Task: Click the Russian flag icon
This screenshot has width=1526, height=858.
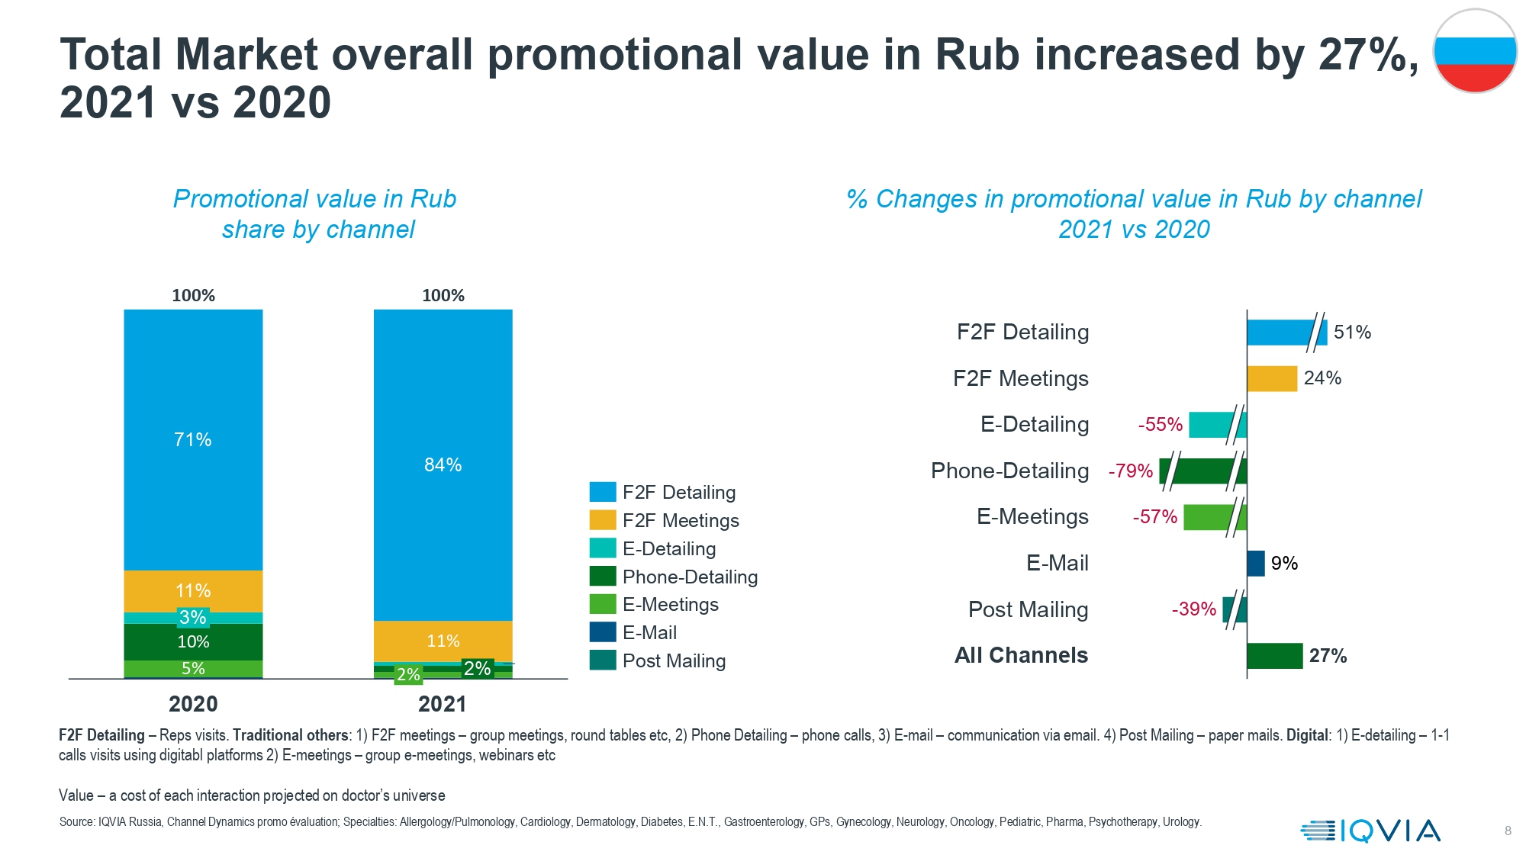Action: pyautogui.click(x=1475, y=51)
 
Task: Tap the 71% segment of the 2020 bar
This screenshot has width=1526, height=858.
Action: pyautogui.click(x=193, y=440)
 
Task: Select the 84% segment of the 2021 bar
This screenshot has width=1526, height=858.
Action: pyautogui.click(x=443, y=465)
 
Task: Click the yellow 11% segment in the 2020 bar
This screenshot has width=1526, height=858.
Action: pyautogui.click(x=193, y=591)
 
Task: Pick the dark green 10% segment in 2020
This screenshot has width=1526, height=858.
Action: pyautogui.click(x=193, y=642)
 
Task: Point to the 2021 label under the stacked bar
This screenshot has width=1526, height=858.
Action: pyautogui.click(x=443, y=704)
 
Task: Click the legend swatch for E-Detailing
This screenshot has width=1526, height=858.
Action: pyautogui.click(x=603, y=548)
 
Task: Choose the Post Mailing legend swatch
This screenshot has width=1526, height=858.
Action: pyautogui.click(x=603, y=660)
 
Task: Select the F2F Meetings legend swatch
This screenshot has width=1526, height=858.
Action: pyautogui.click(x=603, y=520)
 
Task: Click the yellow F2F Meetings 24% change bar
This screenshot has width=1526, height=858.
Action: pyautogui.click(x=1272, y=378)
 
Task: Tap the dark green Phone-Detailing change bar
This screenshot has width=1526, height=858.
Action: pyautogui.click(x=1203, y=471)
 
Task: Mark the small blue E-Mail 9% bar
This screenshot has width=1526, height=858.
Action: pyautogui.click(x=1256, y=564)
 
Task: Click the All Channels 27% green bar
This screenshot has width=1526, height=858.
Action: pyautogui.click(x=1275, y=656)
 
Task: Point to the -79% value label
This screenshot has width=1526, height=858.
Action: pyautogui.click(x=1131, y=471)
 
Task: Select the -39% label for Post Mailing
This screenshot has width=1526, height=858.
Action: pyautogui.click(x=1194, y=609)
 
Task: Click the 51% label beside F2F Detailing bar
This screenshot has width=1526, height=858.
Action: pyautogui.click(x=1353, y=333)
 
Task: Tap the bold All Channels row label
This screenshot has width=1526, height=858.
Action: pyautogui.click(x=1022, y=655)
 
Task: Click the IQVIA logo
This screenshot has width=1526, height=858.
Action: pyautogui.click(x=1370, y=831)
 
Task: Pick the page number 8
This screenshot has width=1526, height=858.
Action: pyautogui.click(x=1508, y=831)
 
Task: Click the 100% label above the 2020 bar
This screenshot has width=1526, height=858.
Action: pyautogui.click(x=193, y=296)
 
